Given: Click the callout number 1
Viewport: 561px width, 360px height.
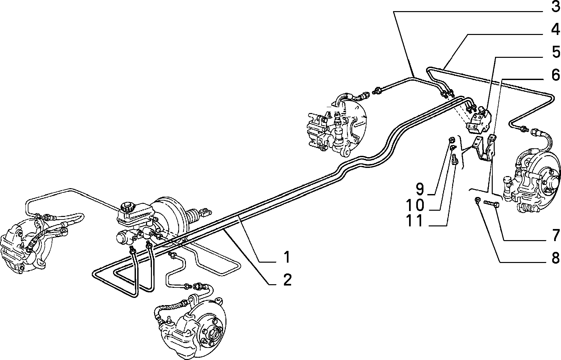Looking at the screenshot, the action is [x=287, y=257].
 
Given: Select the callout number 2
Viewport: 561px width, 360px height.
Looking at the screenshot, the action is [x=287, y=280].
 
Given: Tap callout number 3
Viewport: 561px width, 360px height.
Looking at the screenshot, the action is [x=555, y=7].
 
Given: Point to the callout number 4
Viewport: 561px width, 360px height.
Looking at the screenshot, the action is [x=555, y=30].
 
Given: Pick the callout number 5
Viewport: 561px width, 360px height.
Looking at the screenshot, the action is [x=555, y=52].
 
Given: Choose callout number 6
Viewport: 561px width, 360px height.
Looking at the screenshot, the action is [x=555, y=75].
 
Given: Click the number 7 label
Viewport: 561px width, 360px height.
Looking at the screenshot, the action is [x=555, y=236].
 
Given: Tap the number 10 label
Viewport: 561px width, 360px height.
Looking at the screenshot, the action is [x=415, y=205].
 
